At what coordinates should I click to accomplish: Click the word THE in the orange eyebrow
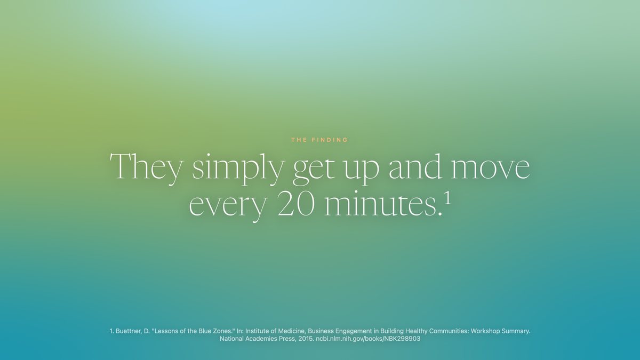pyautogui.click(x=299, y=140)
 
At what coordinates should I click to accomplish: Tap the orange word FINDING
pyautogui.click(x=330, y=140)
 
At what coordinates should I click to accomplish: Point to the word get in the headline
pyautogui.click(x=314, y=171)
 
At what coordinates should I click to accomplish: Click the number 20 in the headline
pyautogui.click(x=296, y=203)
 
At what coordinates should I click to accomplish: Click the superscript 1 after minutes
pyautogui.click(x=447, y=199)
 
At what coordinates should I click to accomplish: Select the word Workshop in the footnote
pyautogui.click(x=483, y=332)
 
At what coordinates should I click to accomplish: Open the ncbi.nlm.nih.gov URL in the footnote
pyautogui.click(x=368, y=339)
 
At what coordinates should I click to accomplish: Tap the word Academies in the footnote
pyautogui.click(x=254, y=339)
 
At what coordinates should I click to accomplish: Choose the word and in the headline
pyautogui.click(x=415, y=167)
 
